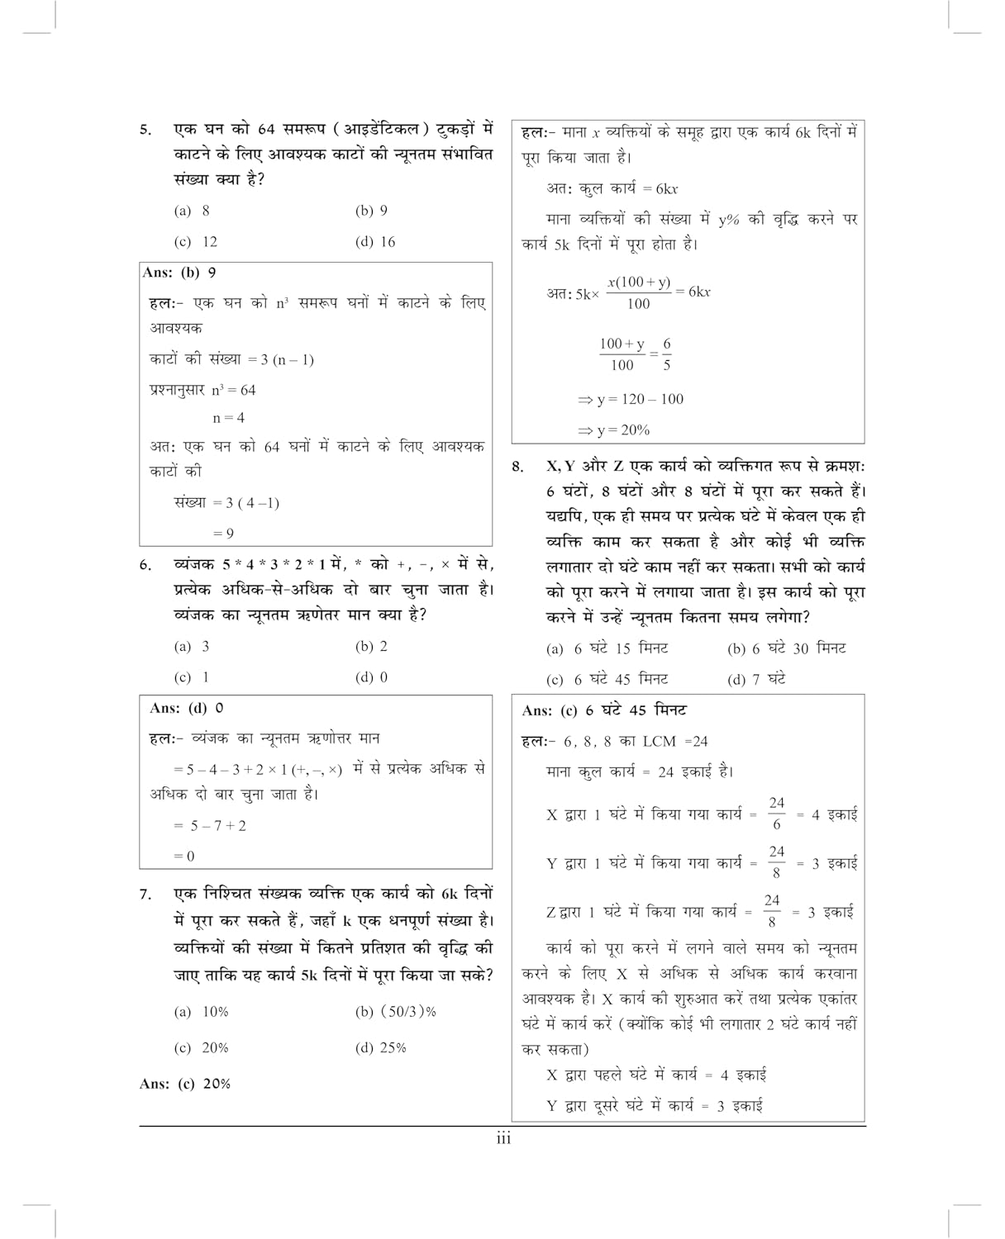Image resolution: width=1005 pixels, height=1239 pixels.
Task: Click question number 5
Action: click(x=145, y=130)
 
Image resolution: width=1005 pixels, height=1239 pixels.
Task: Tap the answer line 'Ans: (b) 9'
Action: click(x=179, y=273)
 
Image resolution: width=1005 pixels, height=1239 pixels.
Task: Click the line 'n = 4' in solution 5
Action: click(x=229, y=418)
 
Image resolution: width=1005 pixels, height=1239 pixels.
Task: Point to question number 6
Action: click(x=145, y=566)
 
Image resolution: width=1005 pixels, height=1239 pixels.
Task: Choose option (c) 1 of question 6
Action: click(x=192, y=677)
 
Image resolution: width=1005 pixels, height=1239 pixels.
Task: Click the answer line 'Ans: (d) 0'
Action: click(x=187, y=708)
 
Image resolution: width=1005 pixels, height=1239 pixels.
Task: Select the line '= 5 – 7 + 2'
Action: click(x=210, y=825)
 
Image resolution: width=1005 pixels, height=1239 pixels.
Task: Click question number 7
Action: click(x=145, y=894)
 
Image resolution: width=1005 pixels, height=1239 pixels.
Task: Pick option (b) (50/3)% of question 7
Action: click(x=395, y=1012)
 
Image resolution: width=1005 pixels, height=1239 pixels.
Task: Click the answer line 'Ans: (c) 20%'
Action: click(x=185, y=1084)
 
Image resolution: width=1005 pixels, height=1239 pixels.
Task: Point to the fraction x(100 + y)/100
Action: click(x=638, y=292)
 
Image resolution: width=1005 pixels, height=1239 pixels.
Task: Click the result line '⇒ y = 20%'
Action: click(x=613, y=430)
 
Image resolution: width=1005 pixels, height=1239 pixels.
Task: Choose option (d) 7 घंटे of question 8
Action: click(x=755, y=680)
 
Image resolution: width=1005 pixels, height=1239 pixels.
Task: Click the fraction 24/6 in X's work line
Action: click(x=776, y=814)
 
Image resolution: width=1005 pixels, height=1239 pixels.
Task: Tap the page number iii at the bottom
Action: click(x=503, y=1140)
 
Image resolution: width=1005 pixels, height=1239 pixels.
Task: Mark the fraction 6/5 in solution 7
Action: click(x=666, y=354)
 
